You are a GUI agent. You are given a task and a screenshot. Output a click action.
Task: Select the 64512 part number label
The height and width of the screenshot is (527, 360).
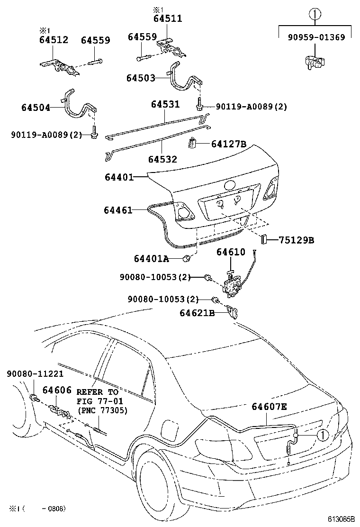(53, 40)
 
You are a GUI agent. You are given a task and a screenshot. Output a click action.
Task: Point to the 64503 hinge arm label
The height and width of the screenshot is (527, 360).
(141, 78)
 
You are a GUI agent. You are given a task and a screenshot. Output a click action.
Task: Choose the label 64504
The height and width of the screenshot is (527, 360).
(36, 108)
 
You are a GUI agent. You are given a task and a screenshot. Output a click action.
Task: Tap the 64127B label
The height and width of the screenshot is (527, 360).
(229, 144)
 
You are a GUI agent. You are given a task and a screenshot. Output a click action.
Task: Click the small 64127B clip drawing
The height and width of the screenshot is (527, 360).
(192, 142)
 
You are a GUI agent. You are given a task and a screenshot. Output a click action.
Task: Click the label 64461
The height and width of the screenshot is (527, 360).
(118, 210)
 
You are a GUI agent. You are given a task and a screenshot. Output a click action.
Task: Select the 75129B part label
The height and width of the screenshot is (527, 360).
(296, 240)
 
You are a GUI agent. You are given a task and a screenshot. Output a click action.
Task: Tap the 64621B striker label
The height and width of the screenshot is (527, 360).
(198, 313)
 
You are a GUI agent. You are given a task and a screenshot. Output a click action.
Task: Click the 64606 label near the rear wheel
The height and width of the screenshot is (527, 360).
(57, 390)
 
